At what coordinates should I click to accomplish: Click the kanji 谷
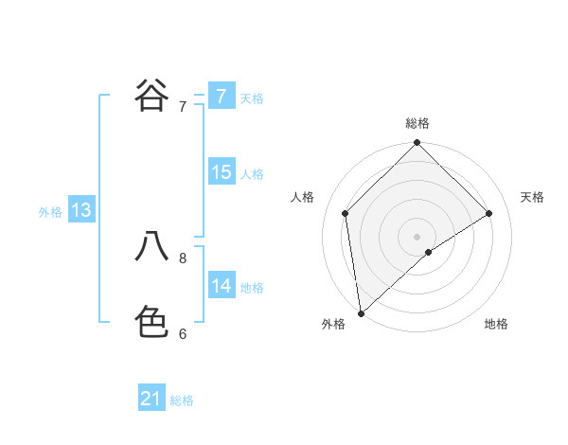(151, 95)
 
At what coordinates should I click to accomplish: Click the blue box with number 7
(221, 96)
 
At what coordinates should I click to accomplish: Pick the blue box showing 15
(221, 172)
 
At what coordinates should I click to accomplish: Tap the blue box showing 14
(221, 286)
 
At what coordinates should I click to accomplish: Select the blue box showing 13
(80, 210)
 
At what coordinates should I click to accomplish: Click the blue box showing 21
(151, 399)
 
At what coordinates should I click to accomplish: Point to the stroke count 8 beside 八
(183, 257)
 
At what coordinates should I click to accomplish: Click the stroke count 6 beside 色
(183, 333)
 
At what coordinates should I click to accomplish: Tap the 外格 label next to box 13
(50, 212)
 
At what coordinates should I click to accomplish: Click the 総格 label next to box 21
(182, 400)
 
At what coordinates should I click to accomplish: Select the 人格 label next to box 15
(252, 174)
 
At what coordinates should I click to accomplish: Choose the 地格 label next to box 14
(252, 288)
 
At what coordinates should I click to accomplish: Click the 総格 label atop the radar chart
(417, 123)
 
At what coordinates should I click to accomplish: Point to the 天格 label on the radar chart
(532, 197)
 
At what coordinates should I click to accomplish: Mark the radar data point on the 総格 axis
(417, 144)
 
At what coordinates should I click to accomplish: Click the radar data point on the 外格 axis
(361, 312)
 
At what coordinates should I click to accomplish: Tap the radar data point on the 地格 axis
(428, 252)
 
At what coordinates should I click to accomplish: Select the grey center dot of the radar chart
(417, 236)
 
